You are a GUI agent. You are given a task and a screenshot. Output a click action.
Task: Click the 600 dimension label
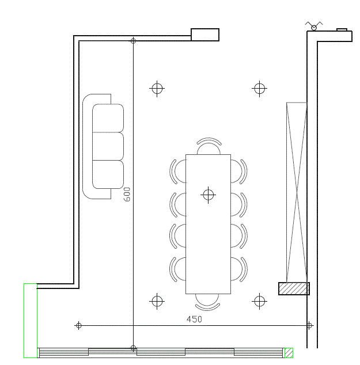pyautogui.click(x=127, y=194)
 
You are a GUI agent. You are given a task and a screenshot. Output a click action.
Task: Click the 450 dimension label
pyautogui.click(x=194, y=319)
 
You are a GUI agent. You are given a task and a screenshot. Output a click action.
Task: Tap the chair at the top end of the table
pyautogui.click(x=209, y=146)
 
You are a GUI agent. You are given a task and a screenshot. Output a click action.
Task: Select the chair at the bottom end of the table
pyautogui.click(x=207, y=302)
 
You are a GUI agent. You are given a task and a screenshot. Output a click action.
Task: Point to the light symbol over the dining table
pyautogui.click(x=208, y=195)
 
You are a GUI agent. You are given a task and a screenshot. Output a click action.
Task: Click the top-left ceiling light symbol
pyautogui.click(x=157, y=89)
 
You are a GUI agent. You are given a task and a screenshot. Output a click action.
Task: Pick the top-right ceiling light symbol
pyautogui.click(x=259, y=89)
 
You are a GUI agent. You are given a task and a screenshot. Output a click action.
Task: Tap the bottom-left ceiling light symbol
pyautogui.click(x=157, y=301)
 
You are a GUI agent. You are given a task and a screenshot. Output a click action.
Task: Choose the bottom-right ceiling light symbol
pyautogui.click(x=259, y=301)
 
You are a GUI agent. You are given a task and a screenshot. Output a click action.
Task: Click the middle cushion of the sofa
pyautogui.click(x=108, y=146)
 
